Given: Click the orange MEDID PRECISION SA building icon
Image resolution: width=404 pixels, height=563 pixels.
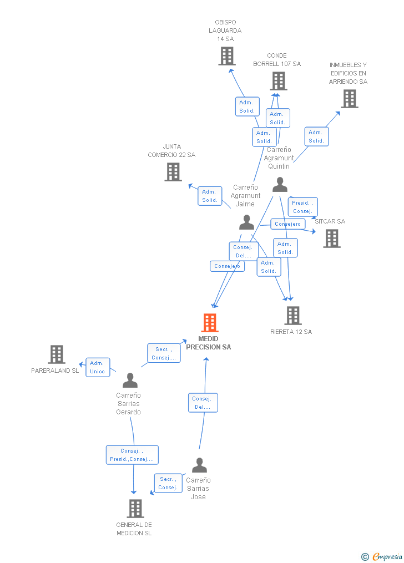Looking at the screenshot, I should pyautogui.click(x=209, y=323).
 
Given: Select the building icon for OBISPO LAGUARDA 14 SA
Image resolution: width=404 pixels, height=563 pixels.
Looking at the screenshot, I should pyautogui.click(x=226, y=56).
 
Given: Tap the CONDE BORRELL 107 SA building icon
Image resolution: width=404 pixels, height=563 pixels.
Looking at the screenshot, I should pyautogui.click(x=278, y=81).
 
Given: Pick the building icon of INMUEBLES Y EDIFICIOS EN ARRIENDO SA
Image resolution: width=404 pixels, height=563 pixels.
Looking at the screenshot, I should pyautogui.click(x=349, y=99).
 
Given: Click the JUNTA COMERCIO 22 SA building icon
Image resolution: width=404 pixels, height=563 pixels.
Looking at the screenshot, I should pyautogui.click(x=173, y=172).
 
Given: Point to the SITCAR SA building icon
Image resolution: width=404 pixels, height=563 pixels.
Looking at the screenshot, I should pyautogui.click(x=332, y=239).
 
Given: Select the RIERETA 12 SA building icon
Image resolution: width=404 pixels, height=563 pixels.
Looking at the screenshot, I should pyautogui.click(x=292, y=316).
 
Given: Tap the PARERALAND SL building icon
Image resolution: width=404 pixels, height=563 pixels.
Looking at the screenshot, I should pyautogui.click(x=56, y=354).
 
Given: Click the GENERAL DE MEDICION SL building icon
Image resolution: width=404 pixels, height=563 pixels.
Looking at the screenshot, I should pyautogui.click(x=135, y=509).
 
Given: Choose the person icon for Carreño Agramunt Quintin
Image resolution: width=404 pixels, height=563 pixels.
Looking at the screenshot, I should pyautogui.click(x=280, y=185).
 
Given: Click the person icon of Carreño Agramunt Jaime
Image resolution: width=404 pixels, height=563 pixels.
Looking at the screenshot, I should pyautogui.click(x=246, y=222).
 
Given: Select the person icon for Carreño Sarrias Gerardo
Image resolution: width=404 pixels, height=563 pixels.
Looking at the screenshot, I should pyautogui.click(x=130, y=381).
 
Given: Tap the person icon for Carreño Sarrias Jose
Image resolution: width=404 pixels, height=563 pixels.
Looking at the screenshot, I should pyautogui.click(x=199, y=465).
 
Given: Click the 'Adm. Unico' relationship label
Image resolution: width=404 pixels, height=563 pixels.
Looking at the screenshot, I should pyautogui.click(x=98, y=367).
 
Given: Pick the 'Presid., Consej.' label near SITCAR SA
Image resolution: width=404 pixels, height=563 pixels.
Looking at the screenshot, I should pyautogui.click(x=302, y=207).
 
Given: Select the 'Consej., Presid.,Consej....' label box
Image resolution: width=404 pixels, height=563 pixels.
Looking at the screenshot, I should pyautogui.click(x=132, y=455).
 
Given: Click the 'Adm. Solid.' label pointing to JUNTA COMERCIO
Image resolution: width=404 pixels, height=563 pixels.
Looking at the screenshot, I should pyautogui.click(x=210, y=196).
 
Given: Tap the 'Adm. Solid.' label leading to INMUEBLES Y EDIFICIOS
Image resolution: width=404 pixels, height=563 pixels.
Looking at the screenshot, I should pyautogui.click(x=316, y=136).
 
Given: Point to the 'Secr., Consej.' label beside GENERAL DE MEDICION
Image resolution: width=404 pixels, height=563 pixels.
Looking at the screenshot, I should pyautogui.click(x=168, y=483).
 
